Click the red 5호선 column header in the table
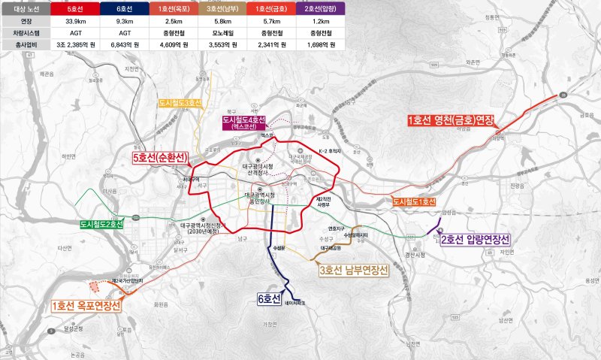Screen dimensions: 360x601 (x=73, y=9)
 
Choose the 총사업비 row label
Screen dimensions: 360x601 (x=25, y=45)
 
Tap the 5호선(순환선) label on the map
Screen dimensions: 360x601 (x=159, y=159)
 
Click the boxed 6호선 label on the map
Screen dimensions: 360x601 (x=269, y=298)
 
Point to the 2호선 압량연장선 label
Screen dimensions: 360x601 (x=475, y=240)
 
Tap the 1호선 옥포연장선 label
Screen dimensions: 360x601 (x=86, y=306)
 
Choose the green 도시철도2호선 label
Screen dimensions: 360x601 (x=101, y=224)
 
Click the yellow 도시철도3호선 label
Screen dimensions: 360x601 (x=180, y=102)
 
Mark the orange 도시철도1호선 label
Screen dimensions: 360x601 (x=414, y=201)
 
